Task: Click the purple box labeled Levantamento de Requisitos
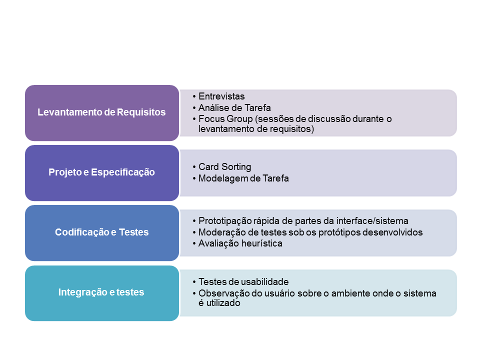[x=101, y=112]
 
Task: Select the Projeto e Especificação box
[x=101, y=172]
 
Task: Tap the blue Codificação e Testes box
[x=101, y=232]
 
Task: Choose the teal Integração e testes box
[x=101, y=292]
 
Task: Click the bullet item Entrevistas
[x=221, y=96]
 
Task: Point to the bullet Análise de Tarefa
[x=227, y=108]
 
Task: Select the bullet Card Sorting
[x=224, y=167]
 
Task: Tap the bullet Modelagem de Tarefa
[x=243, y=178]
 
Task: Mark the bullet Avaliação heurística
[x=240, y=244]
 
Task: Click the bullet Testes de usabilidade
[x=243, y=282]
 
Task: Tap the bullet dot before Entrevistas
[x=193, y=96]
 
